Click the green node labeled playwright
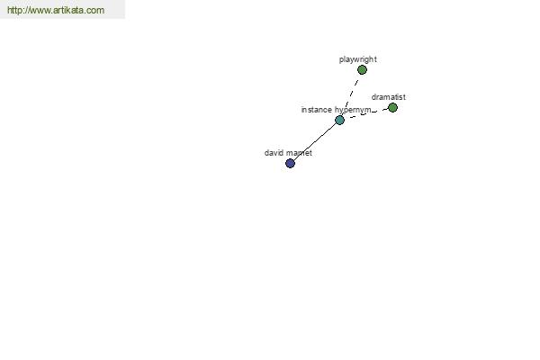point(362,70)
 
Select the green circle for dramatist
point(392,108)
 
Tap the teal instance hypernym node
point(339,120)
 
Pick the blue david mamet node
point(291,163)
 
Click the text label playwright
point(358,59)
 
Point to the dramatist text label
point(389,97)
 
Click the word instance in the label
point(317,110)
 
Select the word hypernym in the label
point(353,111)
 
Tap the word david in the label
point(273,153)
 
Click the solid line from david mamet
point(315,141)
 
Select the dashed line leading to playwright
point(351,94)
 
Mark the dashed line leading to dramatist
point(368,113)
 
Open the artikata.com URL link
point(56,10)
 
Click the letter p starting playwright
point(341,60)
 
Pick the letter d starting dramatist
point(373,97)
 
